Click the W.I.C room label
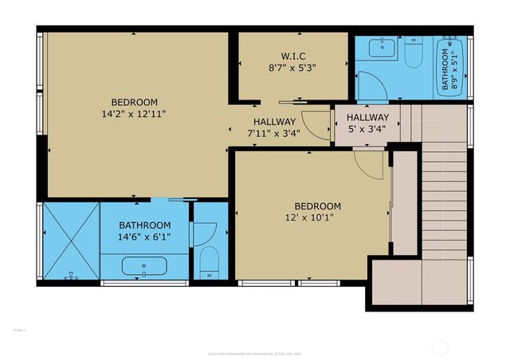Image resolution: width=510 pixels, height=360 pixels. click(293, 56)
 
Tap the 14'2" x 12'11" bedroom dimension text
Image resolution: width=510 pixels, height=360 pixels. click(134, 114)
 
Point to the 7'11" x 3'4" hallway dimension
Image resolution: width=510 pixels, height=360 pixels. click(273, 133)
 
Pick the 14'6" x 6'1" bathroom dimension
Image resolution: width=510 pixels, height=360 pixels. click(145, 237)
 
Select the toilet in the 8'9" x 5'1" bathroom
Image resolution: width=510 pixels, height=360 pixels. click(413, 54)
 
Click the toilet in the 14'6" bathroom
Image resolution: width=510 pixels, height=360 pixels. click(207, 260)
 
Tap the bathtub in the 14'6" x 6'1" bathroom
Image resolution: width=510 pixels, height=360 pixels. click(143, 266)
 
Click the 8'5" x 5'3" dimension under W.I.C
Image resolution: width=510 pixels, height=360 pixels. click(293, 68)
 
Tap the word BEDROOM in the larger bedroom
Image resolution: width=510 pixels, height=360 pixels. click(134, 102)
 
